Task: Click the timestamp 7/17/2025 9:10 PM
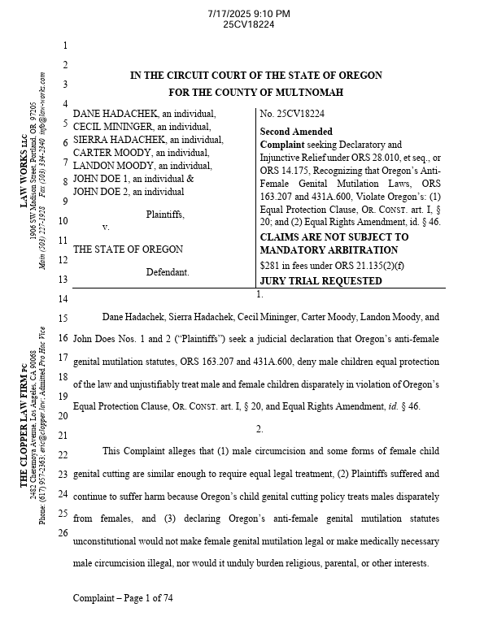pyautogui.click(x=248, y=14)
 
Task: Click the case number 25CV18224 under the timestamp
pyautogui.click(x=248, y=24)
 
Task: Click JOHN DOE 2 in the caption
pyautogui.click(x=101, y=193)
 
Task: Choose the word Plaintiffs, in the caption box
pyautogui.click(x=165, y=215)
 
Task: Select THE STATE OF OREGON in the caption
pyautogui.click(x=128, y=249)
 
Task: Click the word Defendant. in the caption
pyautogui.click(x=168, y=272)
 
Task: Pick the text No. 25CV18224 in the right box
pyautogui.click(x=292, y=115)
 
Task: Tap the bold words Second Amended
pyautogui.click(x=296, y=132)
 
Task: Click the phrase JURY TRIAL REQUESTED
pyautogui.click(x=320, y=281)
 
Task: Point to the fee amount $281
pyautogui.click(x=270, y=265)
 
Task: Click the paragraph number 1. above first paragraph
pyautogui.click(x=259, y=295)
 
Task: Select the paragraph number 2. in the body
pyautogui.click(x=259, y=428)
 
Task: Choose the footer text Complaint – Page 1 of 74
pyautogui.click(x=123, y=598)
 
